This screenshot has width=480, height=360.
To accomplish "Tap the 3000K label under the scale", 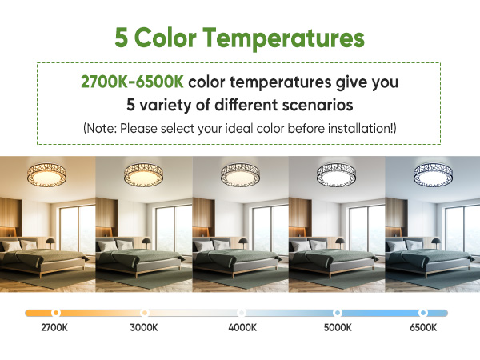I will [145, 327].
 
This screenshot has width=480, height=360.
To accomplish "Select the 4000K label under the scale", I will [241, 327].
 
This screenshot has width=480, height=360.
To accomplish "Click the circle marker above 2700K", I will [54, 312].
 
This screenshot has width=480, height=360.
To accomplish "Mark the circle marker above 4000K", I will [241, 312].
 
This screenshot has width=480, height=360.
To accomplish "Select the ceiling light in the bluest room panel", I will [432, 173].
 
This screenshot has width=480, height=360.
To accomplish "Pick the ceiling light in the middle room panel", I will [239, 173].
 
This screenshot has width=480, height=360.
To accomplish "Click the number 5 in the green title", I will [122, 38].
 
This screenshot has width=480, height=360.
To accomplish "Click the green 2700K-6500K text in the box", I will [132, 82].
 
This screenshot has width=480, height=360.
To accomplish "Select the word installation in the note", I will [352, 128].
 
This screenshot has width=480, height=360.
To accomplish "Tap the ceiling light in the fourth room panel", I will [336, 173].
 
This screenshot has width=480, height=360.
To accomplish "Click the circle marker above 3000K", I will [145, 312].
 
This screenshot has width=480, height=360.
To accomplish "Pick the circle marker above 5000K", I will [338, 312].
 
